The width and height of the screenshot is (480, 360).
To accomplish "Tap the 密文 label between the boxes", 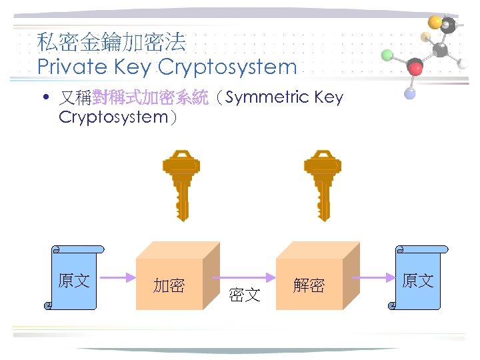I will (244, 294).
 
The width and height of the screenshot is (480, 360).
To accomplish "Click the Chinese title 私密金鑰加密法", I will (112, 43).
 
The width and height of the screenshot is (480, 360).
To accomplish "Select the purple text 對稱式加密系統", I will (150, 98).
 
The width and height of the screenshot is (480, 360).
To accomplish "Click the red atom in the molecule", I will (415, 67).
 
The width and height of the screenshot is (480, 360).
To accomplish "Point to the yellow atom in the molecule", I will (435, 22).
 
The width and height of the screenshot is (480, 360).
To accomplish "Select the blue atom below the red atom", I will (410, 94).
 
